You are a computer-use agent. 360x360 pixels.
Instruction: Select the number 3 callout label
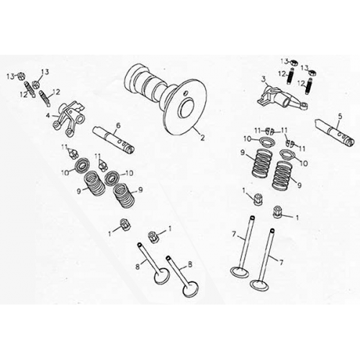click(264, 79)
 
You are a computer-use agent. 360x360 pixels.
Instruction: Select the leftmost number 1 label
click(110, 233)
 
